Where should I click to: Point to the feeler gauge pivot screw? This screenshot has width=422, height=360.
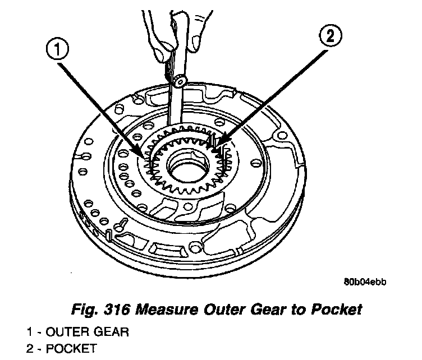pyautogui.click(x=180, y=81)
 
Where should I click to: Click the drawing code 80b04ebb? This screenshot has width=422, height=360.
pyautogui.click(x=365, y=282)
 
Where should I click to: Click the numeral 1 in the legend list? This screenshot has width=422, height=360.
pyautogui.click(x=29, y=331)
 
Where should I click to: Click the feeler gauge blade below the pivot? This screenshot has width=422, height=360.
pyautogui.click(x=175, y=107)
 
